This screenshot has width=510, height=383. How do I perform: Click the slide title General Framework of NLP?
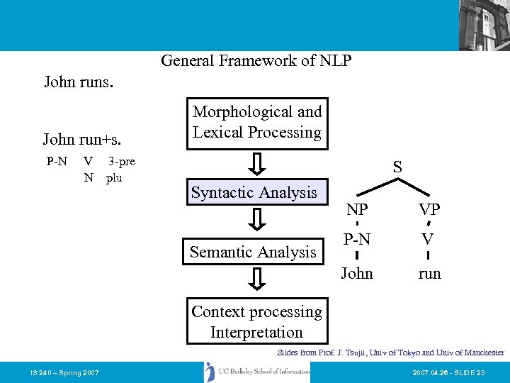click(256, 61)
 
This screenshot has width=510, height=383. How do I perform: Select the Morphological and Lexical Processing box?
click(257, 123)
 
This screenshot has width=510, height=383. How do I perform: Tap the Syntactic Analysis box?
click(254, 193)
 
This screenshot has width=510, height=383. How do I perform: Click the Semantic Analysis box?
click(253, 252)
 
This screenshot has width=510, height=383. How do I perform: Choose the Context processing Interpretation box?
click(256, 322)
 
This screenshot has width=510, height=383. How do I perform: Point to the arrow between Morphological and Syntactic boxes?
click(259, 164)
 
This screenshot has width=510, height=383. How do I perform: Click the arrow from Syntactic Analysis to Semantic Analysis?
click(259, 220)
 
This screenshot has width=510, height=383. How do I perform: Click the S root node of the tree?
click(397, 168)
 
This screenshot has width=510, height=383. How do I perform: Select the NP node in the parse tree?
click(356, 210)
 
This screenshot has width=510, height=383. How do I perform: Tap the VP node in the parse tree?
click(429, 210)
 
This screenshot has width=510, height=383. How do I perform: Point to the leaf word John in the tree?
click(356, 273)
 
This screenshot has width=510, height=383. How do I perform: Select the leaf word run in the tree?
click(429, 274)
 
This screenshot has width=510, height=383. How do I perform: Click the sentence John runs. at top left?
click(79, 82)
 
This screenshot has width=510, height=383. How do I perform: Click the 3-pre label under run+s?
click(121, 161)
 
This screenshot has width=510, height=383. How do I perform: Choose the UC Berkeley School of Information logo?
click(257, 372)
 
